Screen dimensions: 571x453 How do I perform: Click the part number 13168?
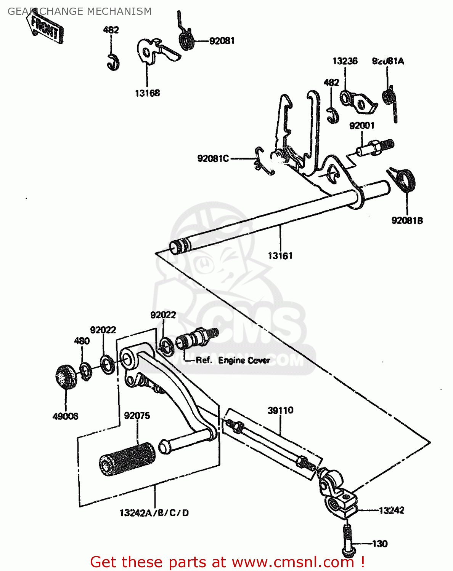pyautogui.click(x=147, y=93)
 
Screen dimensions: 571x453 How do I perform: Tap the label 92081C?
pyautogui.click(x=213, y=158)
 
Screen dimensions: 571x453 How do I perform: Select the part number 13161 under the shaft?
pyautogui.click(x=280, y=256)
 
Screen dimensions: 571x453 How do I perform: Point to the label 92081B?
pyautogui.click(x=407, y=221)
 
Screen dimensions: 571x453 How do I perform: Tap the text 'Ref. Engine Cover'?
pyautogui.click(x=233, y=360)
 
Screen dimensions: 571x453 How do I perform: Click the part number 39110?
pyautogui.click(x=280, y=410)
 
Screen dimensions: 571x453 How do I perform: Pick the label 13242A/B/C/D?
pyautogui.click(x=154, y=513)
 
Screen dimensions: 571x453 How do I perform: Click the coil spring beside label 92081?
pyautogui.click(x=186, y=39)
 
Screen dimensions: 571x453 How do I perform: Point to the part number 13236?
pyautogui.click(x=345, y=61)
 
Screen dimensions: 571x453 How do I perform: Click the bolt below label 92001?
pyautogui.click(x=375, y=148)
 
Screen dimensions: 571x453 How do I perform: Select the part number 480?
pyautogui.click(x=82, y=341)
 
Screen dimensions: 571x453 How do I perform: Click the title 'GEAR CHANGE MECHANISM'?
pyautogui.click(x=80, y=11)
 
